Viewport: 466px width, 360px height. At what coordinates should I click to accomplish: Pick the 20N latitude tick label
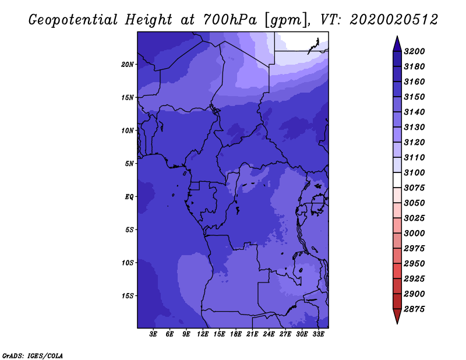point(128,64)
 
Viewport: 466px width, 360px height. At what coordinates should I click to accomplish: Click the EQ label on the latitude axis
point(129,196)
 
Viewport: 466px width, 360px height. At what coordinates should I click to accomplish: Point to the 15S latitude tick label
point(128,295)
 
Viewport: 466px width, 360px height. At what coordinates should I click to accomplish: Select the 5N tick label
point(129,163)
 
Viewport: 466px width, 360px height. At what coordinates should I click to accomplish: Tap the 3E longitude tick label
point(154,334)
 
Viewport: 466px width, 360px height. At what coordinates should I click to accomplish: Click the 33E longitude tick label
point(319,334)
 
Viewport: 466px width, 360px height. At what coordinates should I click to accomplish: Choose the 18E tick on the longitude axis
point(236,334)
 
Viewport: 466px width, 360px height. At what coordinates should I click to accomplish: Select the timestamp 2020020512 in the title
point(394,20)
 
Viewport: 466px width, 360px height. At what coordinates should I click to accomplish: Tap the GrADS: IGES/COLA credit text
point(32,355)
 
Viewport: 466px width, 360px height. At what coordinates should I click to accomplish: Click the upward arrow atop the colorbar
point(397,43)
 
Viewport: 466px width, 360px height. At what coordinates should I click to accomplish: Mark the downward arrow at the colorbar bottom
point(397,317)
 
